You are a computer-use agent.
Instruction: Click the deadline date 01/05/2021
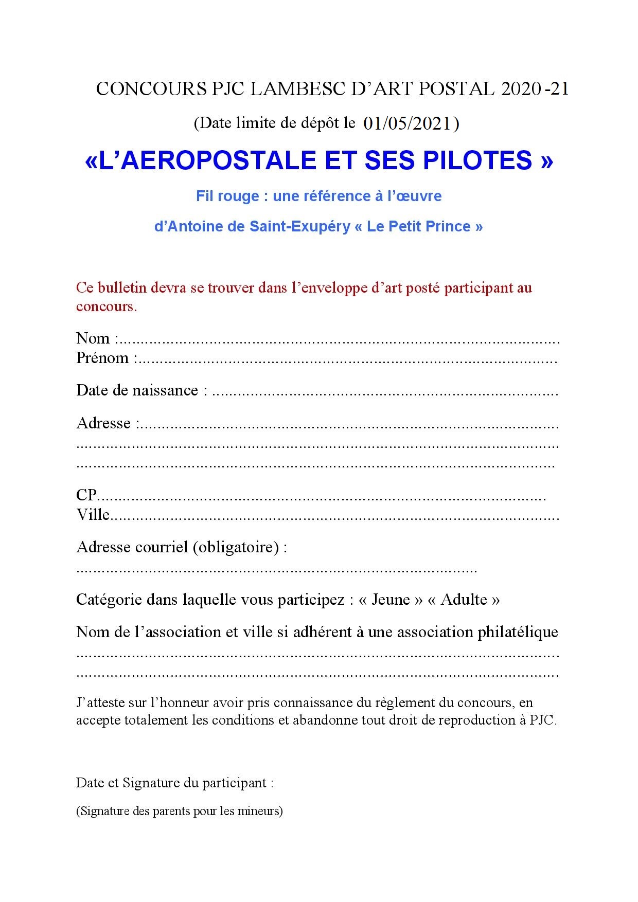coord(407,124)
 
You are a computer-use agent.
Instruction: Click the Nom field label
coord(93,338)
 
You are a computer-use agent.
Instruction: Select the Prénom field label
coord(102,358)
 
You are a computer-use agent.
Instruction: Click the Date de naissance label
coord(137,390)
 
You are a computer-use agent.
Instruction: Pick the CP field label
coord(86,495)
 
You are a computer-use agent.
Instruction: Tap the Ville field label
coord(93,515)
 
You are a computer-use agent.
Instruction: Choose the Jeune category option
coord(391,600)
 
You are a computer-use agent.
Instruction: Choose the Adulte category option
coord(464,600)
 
